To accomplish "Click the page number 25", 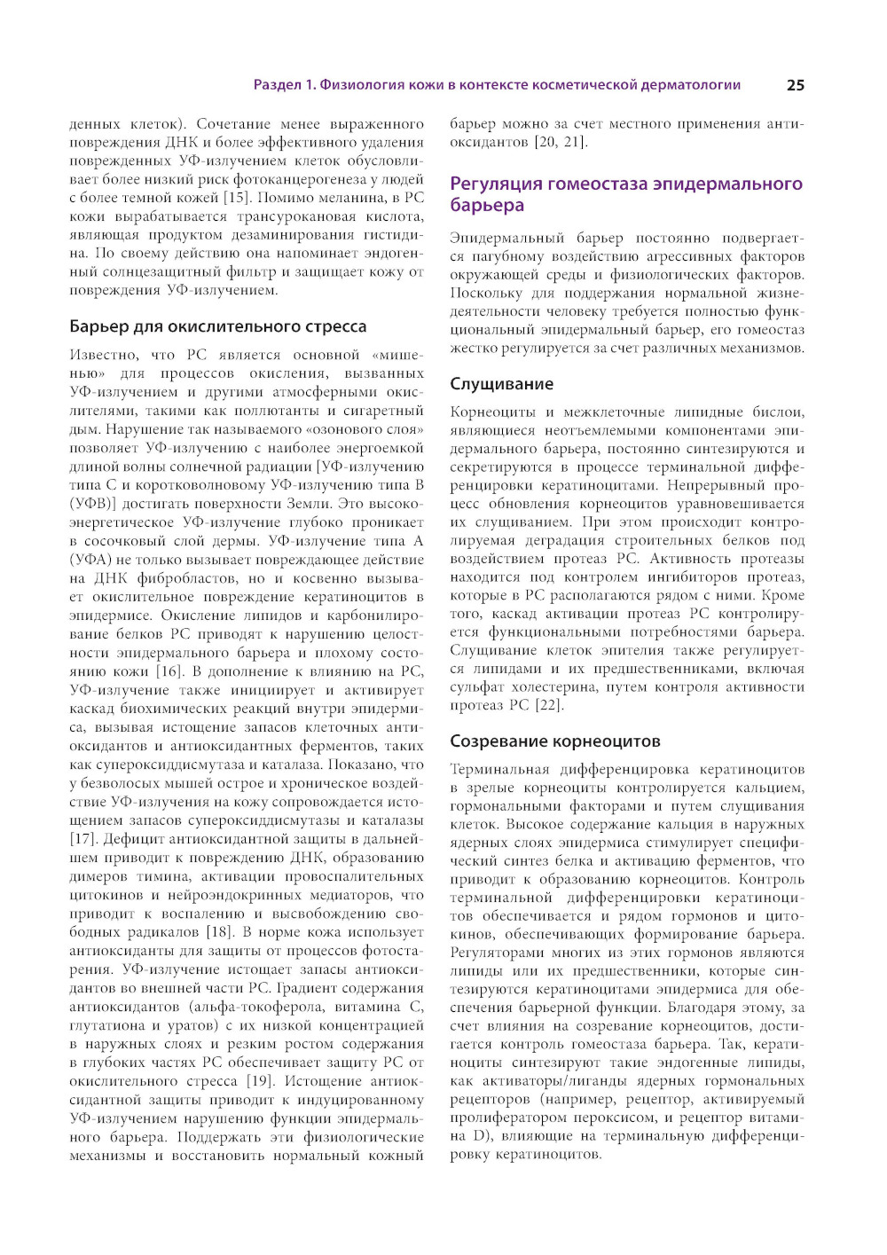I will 795,85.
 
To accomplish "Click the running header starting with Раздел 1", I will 497,85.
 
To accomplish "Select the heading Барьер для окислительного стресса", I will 217,326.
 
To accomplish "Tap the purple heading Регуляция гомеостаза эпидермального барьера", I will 625,194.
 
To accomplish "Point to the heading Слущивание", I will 501,384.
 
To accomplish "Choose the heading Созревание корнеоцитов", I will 554,741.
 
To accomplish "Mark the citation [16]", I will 170,671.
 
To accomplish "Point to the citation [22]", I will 549,705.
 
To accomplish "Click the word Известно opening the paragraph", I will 104,355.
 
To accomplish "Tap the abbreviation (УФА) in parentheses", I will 90,560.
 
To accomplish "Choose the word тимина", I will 163,876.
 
